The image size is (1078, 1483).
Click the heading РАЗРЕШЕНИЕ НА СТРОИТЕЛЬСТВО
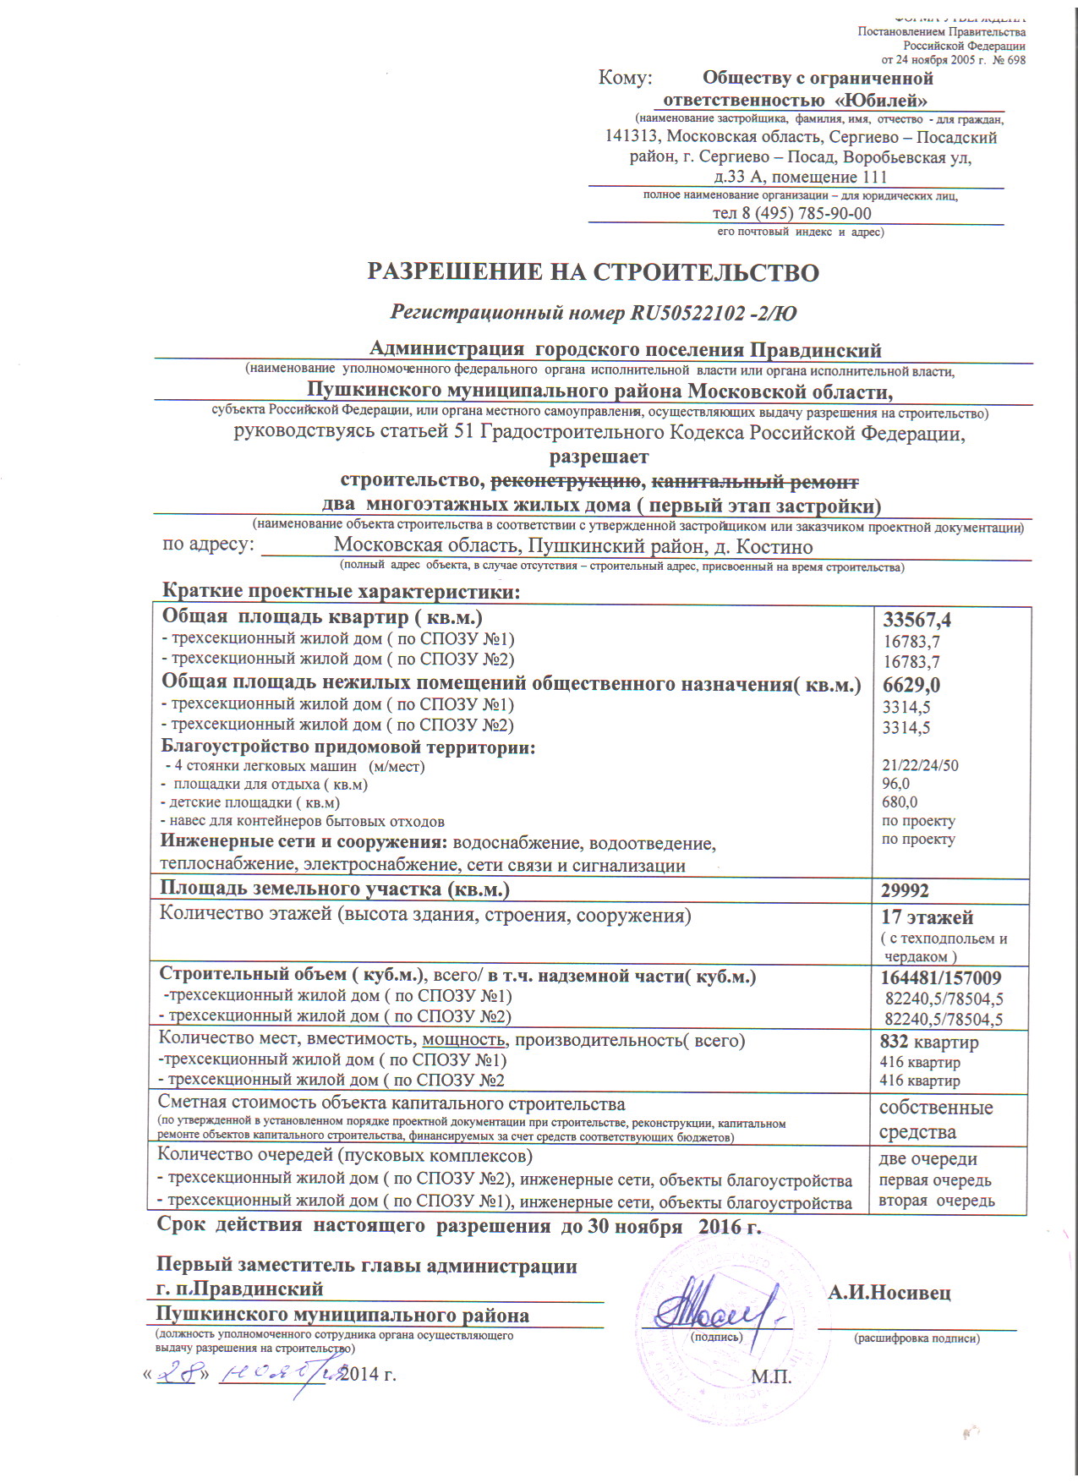(593, 272)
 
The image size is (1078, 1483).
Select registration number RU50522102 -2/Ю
(713, 313)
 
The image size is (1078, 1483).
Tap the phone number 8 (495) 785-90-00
(806, 213)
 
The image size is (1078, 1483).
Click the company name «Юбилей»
(881, 100)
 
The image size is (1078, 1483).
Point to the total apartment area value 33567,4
(917, 620)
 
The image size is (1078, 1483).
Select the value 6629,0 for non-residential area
(911, 685)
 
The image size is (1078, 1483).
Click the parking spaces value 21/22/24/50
(920, 765)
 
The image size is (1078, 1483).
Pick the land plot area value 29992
(905, 890)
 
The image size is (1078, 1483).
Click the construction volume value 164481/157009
(941, 978)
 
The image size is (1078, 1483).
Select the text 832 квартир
(928, 1042)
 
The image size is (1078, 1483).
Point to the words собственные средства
(936, 1119)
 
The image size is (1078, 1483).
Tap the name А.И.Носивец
(889, 1292)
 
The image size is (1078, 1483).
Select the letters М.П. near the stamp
(771, 1376)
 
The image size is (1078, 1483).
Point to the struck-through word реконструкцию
(566, 481)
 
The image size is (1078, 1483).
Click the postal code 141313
(632, 137)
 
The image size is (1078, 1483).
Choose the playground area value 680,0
(900, 802)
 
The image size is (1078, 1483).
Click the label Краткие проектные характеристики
(341, 591)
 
